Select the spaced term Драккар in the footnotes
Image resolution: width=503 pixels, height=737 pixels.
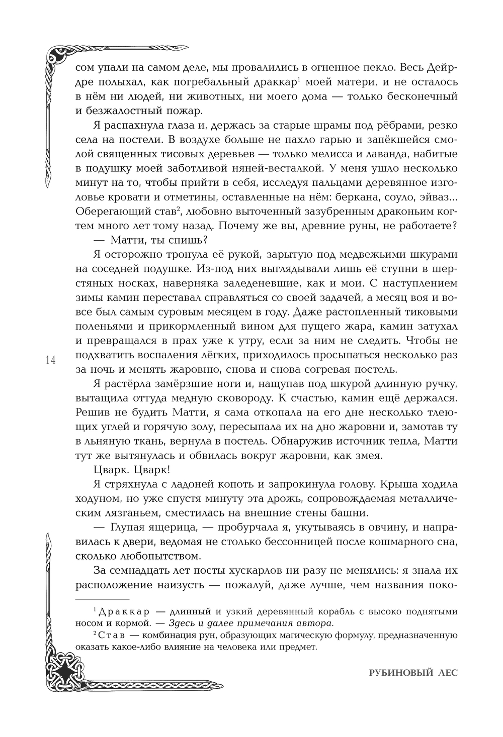coord(123,612)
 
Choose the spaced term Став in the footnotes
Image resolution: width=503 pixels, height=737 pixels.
coord(111,636)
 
